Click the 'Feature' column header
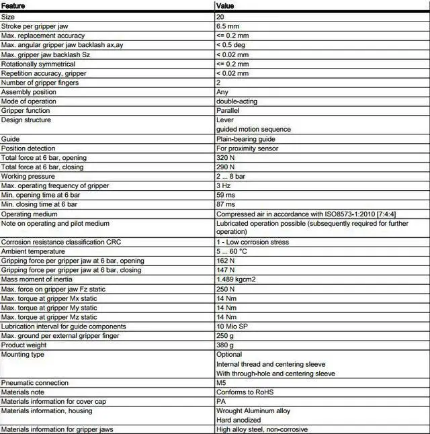point(13,5)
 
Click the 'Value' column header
point(225,5)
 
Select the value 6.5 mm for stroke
point(228,26)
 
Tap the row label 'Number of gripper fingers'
point(40,83)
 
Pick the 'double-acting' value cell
point(236,101)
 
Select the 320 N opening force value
point(225,157)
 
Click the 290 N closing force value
point(225,167)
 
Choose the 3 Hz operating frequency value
point(224,185)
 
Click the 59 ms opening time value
point(226,195)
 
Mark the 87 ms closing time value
point(226,204)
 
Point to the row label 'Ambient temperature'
point(33,251)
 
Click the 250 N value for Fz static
point(226,289)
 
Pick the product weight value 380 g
point(225,345)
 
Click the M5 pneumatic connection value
point(221,383)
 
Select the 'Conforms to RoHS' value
point(244,392)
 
